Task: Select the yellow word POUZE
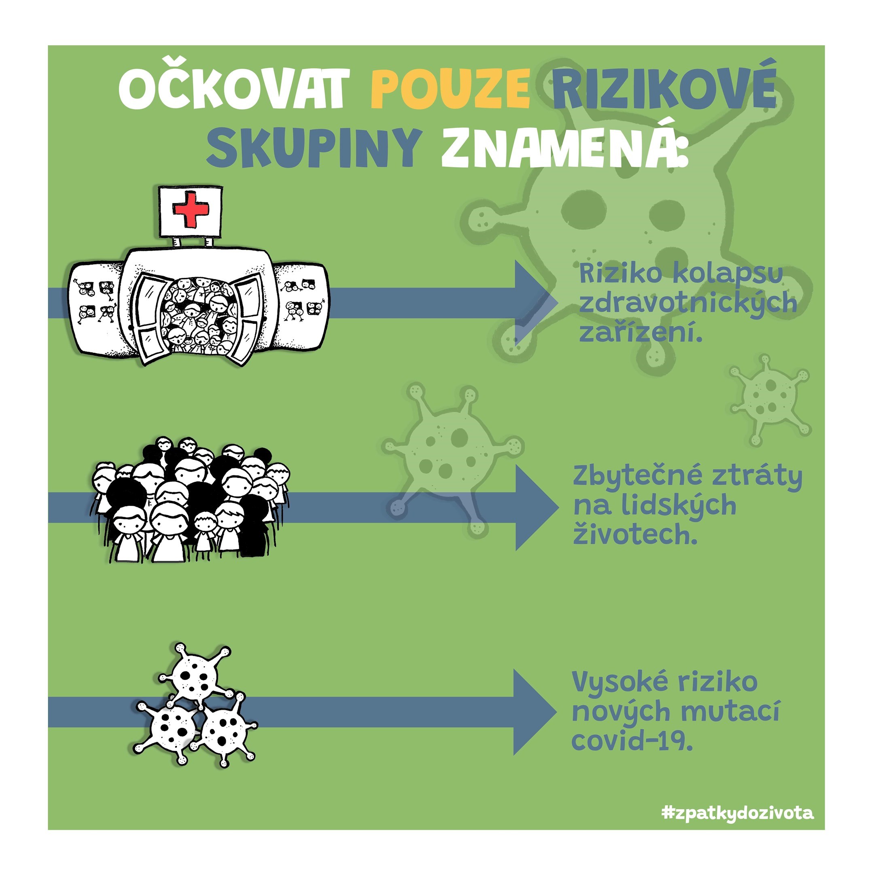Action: pos(450,88)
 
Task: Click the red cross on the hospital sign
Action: pos(191,210)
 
